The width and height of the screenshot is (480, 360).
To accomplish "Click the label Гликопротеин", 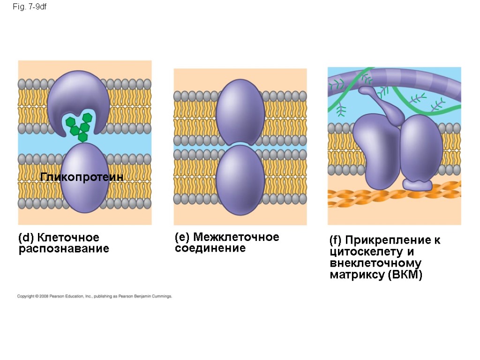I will pyautogui.click(x=82, y=177).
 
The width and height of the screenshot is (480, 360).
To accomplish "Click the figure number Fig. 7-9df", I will pyautogui.click(x=29, y=7).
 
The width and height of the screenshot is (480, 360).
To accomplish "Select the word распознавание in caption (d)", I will pyautogui.click(x=64, y=249).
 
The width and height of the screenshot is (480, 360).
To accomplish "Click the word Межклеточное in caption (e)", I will pyautogui.click(x=236, y=237).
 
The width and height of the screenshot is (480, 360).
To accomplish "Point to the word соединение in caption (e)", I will pyautogui.click(x=210, y=248).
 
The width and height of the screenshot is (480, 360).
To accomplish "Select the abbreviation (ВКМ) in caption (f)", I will pyautogui.click(x=405, y=275).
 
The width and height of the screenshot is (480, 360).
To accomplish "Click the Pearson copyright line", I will pyautogui.click(x=95, y=296).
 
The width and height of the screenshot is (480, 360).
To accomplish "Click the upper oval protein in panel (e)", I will pyautogui.click(x=240, y=112).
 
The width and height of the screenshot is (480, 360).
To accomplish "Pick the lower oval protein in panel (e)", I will pyautogui.click(x=240, y=179).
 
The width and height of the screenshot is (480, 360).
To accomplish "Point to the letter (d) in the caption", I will pyautogui.click(x=26, y=238).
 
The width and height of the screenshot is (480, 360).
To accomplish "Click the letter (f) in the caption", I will pyautogui.click(x=336, y=241).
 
